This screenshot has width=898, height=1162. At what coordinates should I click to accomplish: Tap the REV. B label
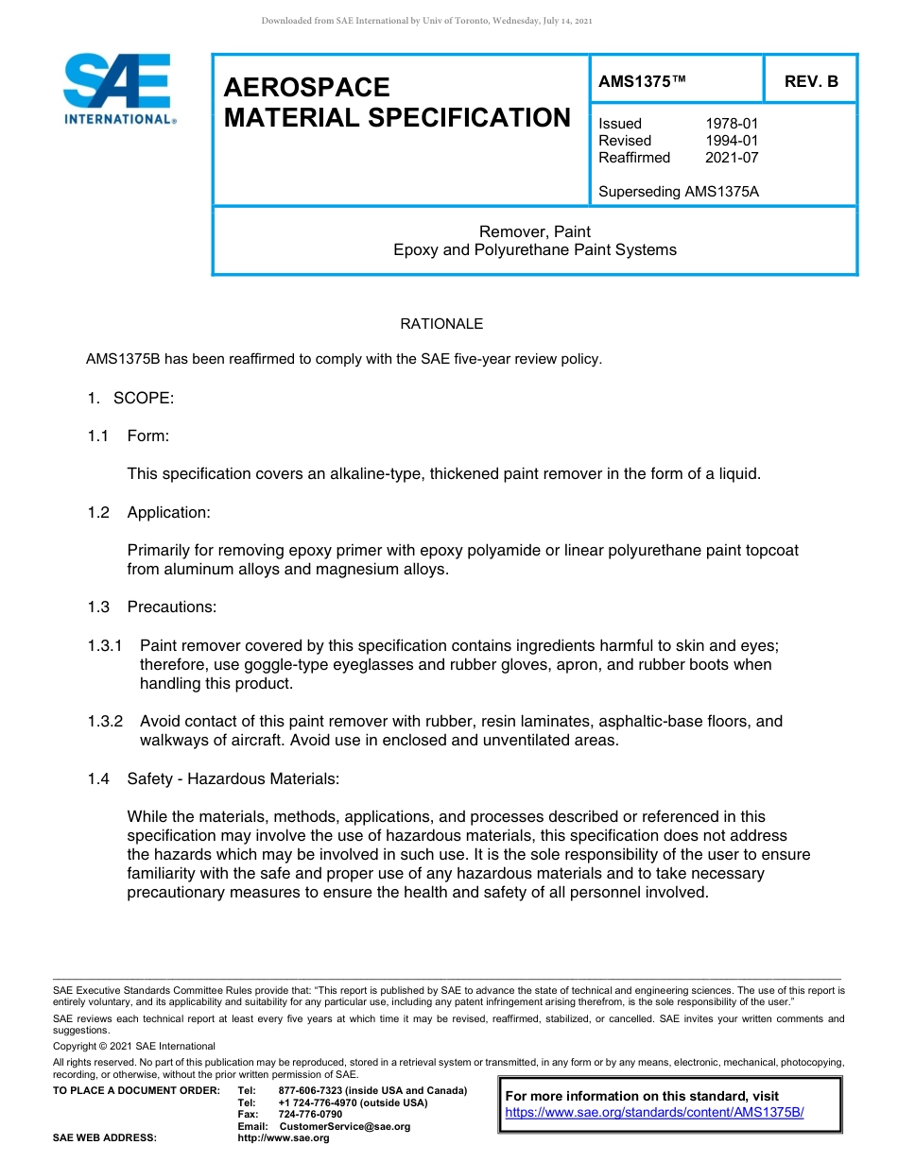(x=811, y=81)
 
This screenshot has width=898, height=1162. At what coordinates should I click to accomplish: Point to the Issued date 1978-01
(x=732, y=124)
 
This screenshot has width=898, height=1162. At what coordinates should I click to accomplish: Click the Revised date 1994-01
(x=732, y=141)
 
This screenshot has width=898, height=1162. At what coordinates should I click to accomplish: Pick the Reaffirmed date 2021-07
(x=732, y=158)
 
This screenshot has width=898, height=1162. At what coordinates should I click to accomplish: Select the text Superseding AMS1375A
(x=679, y=192)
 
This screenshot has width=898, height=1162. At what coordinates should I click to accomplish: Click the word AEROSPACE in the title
(x=306, y=87)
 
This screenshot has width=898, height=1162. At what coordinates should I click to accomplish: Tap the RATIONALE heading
(x=441, y=324)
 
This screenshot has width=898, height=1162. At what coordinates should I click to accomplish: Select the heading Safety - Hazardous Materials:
(x=233, y=778)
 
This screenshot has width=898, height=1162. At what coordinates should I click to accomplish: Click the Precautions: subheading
(x=172, y=607)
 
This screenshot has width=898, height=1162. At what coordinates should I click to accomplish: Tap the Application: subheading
(x=169, y=512)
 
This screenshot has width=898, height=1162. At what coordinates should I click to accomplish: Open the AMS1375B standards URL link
(x=654, y=1112)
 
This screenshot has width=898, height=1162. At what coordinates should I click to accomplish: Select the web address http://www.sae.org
(x=284, y=1138)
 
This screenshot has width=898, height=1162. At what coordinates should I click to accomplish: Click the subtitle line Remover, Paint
(x=535, y=231)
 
